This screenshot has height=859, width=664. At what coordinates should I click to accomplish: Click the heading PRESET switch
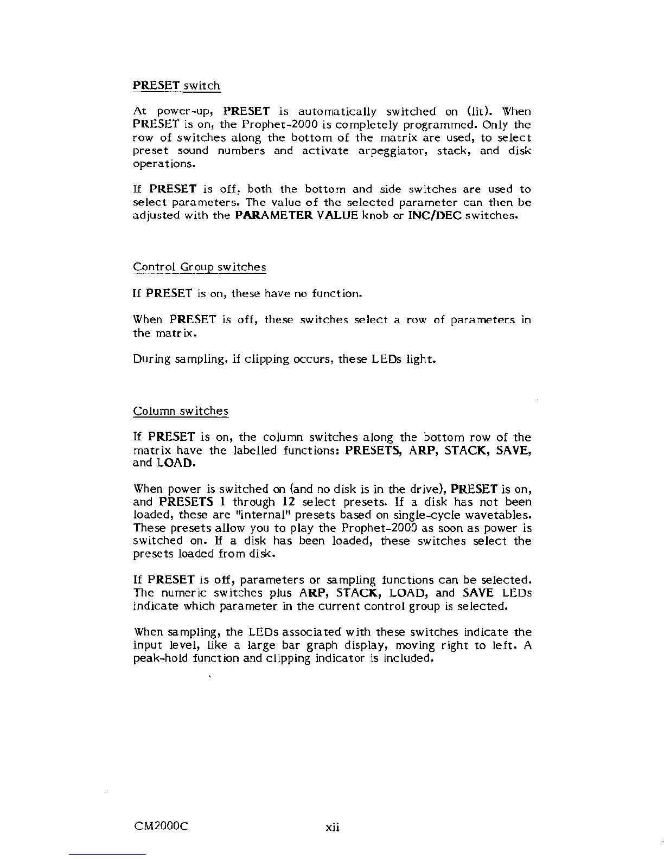pyautogui.click(x=176, y=86)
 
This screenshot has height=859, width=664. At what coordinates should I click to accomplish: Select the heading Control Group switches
pyautogui.click(x=199, y=267)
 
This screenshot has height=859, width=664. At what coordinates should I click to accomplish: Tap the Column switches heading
pyautogui.click(x=180, y=411)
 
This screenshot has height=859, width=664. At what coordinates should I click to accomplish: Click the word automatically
pyautogui.click(x=337, y=112)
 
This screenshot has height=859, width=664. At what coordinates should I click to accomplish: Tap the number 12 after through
pyautogui.click(x=289, y=502)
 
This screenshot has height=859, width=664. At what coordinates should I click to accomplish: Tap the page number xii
pyautogui.click(x=332, y=828)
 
